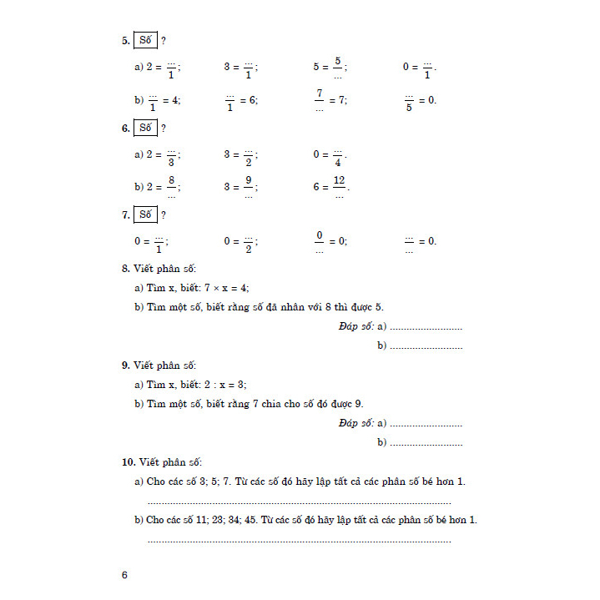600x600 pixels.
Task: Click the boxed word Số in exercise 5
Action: pyautogui.click(x=146, y=39)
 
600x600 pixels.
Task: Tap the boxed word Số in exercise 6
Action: pyautogui.click(x=146, y=129)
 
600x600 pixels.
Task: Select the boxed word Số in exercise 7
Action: pyautogui.click(x=146, y=215)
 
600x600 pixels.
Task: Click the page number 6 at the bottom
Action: pyautogui.click(x=124, y=575)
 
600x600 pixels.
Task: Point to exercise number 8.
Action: pyautogui.click(x=125, y=269)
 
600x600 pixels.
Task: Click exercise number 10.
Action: pyautogui.click(x=127, y=461)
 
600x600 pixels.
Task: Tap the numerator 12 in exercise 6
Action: pyautogui.click(x=339, y=180)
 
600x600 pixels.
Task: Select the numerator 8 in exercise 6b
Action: pyautogui.click(x=171, y=180)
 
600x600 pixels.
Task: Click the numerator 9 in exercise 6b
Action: pyautogui.click(x=249, y=180)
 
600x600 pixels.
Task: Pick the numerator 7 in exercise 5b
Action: pyautogui.click(x=319, y=93)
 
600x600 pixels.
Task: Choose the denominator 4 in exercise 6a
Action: pyautogui.click(x=338, y=162)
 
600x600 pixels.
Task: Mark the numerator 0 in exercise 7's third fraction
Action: pyautogui.click(x=319, y=234)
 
